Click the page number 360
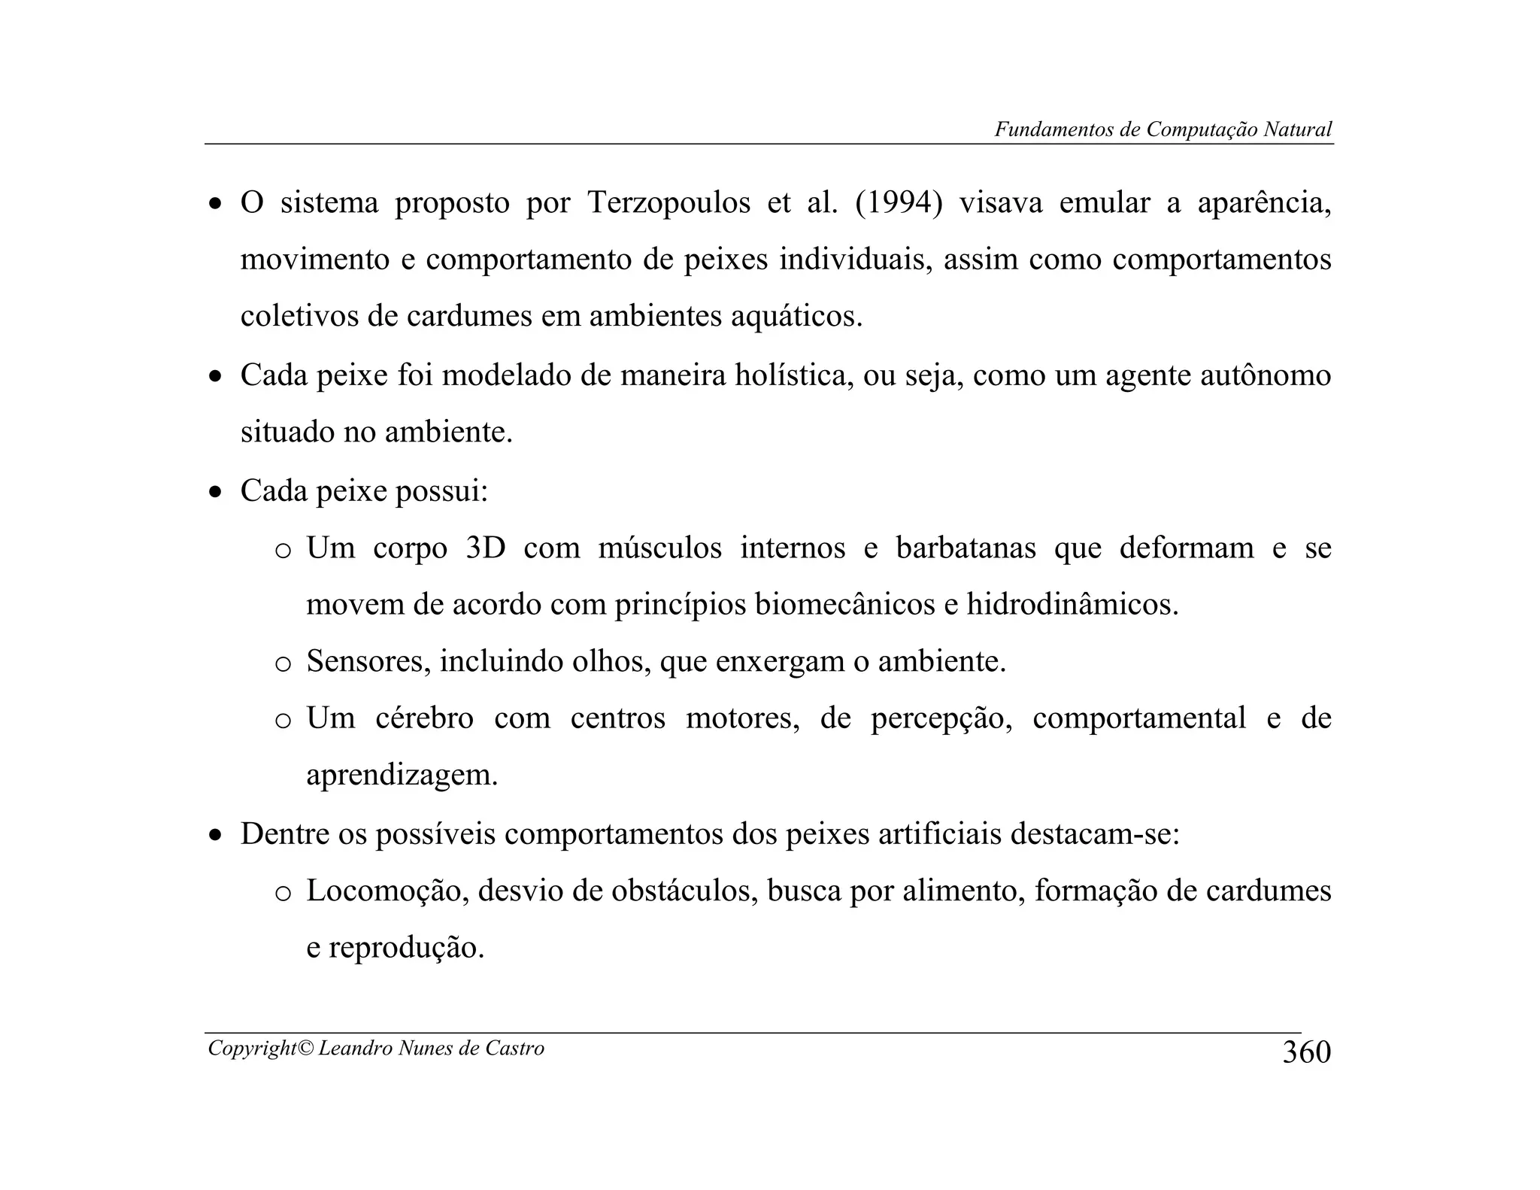coord(1306,1052)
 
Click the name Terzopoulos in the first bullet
coord(668,203)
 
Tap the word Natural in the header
coord(1298,129)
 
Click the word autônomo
coord(1265,375)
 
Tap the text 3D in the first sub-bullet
coord(486,548)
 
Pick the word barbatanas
coord(966,548)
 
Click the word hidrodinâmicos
coord(1072,605)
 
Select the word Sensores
coord(368,662)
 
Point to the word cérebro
coord(424,718)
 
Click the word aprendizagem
coord(402,776)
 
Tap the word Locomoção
coord(388,891)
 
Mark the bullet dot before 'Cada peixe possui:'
coord(216,493)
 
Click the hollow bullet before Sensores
coord(283,664)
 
